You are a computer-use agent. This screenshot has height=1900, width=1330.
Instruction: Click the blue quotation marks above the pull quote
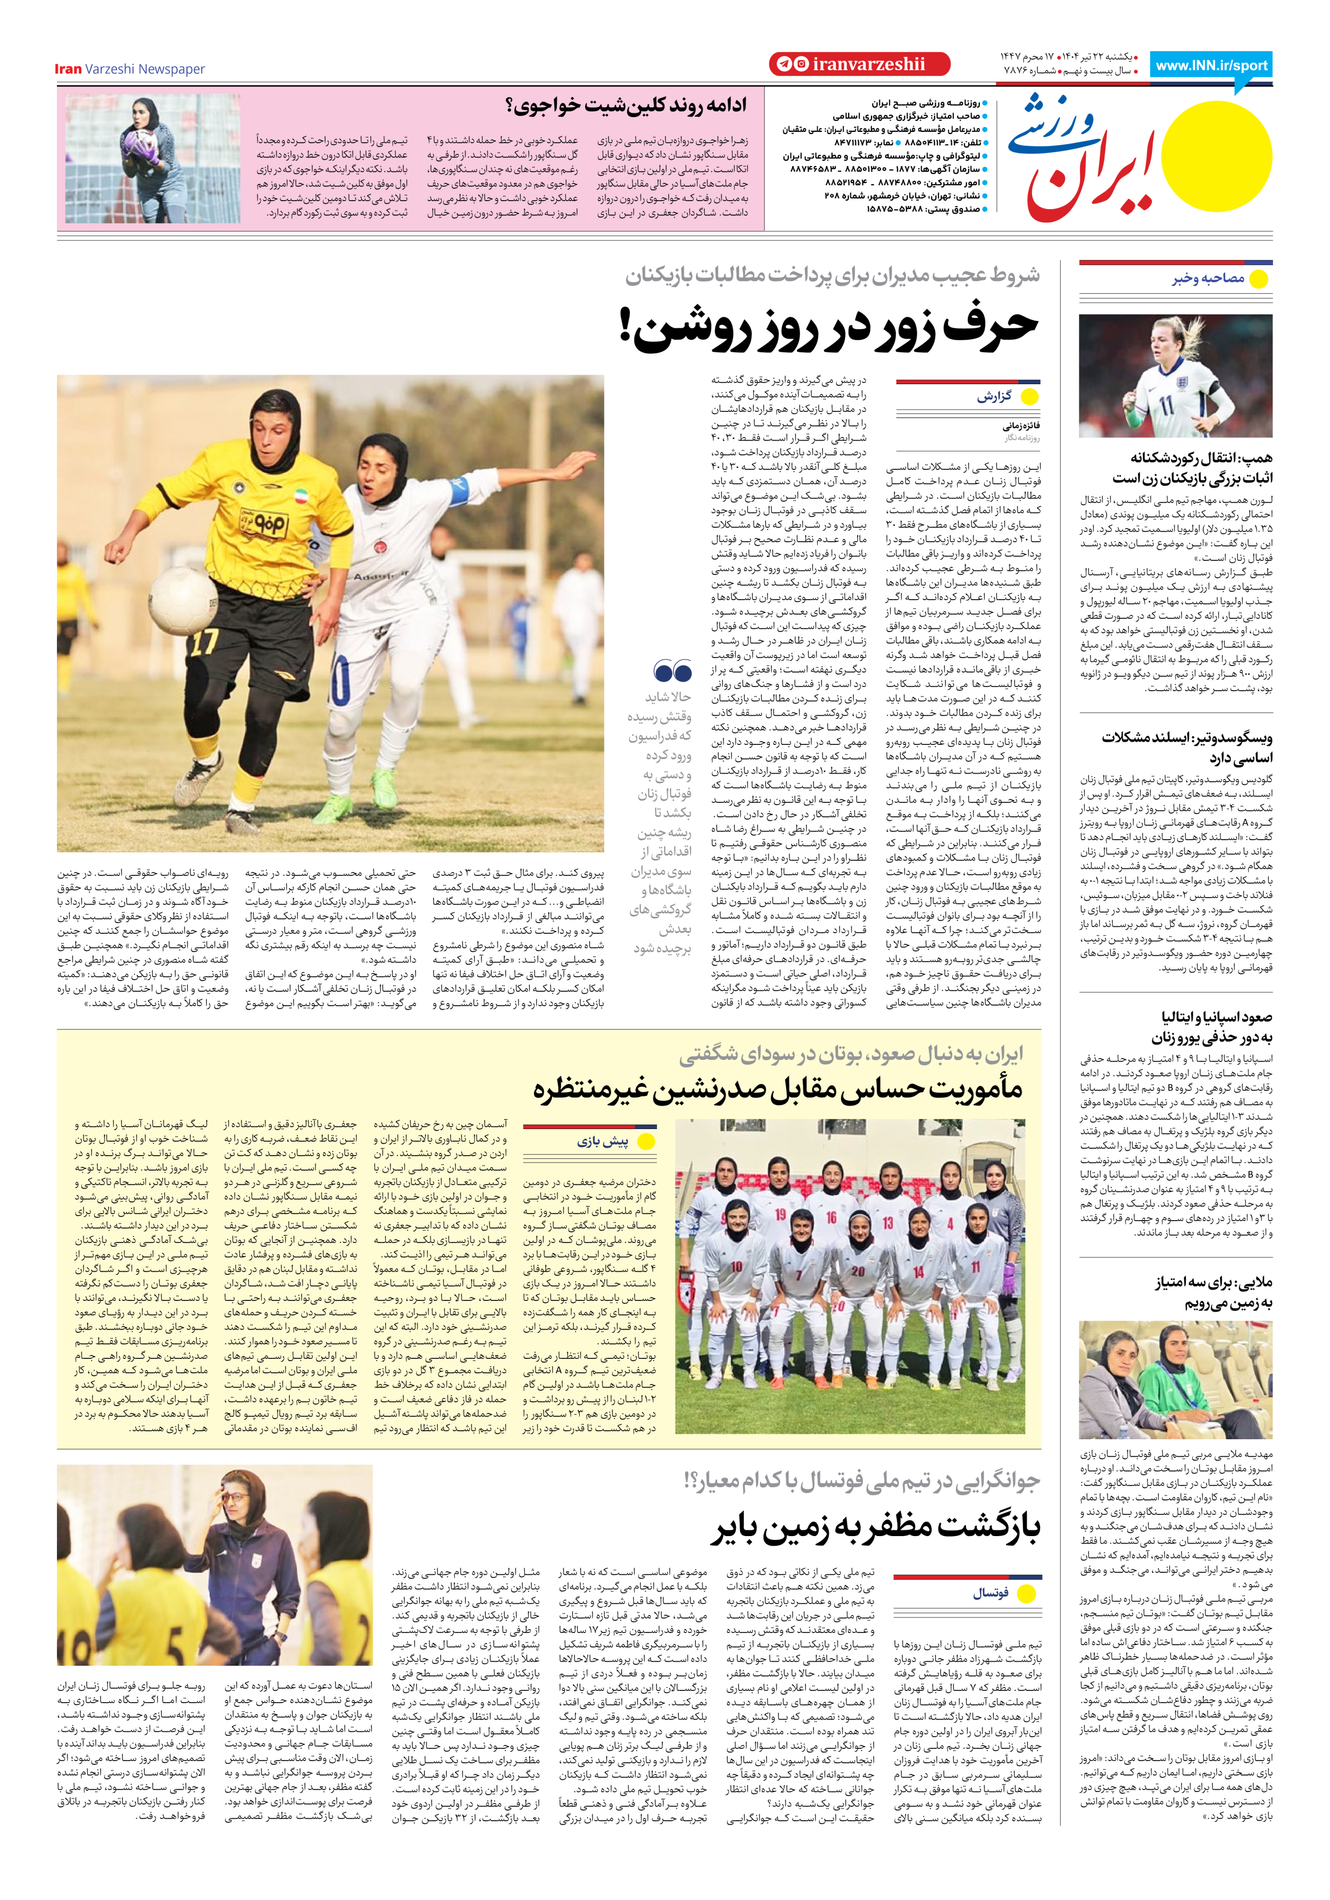tap(672, 671)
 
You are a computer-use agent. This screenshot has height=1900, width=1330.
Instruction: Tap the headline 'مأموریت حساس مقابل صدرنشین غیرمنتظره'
tap(777, 1091)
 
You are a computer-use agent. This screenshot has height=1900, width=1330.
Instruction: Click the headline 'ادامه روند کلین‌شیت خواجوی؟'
tap(626, 105)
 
